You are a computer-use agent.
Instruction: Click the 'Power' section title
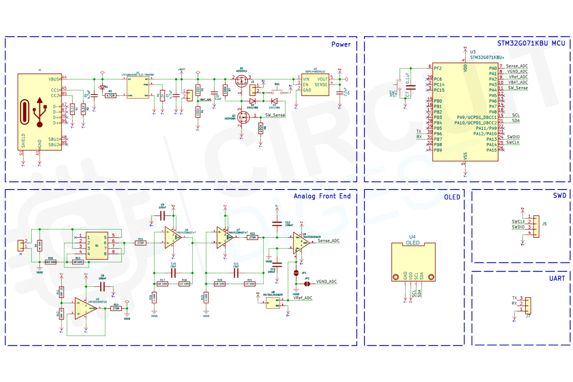[x=341, y=44]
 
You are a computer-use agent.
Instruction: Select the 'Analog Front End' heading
[x=322, y=196]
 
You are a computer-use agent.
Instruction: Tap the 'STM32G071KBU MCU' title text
[x=531, y=44]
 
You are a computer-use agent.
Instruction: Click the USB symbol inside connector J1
[x=39, y=112]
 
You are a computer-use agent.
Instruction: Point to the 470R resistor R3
[x=110, y=95]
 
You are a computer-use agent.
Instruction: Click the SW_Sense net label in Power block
[x=275, y=115]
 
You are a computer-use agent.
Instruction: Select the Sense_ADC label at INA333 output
[x=329, y=241]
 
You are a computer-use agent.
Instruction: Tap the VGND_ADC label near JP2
[x=326, y=282]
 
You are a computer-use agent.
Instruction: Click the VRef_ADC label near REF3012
[x=303, y=298]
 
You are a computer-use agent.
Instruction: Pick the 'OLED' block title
[x=452, y=197]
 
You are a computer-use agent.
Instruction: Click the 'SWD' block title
[x=559, y=196]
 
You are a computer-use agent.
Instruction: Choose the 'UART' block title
[x=557, y=279]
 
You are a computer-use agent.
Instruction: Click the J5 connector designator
[x=544, y=224]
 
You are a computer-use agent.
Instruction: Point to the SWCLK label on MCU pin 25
[x=513, y=142]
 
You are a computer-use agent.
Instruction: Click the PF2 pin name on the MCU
[x=437, y=68]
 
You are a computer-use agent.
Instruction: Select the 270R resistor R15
[x=141, y=243]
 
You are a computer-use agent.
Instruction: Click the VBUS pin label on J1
[x=54, y=79]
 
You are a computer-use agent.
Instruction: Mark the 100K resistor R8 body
[x=261, y=128]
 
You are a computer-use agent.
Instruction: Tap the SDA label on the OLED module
[x=422, y=276]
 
